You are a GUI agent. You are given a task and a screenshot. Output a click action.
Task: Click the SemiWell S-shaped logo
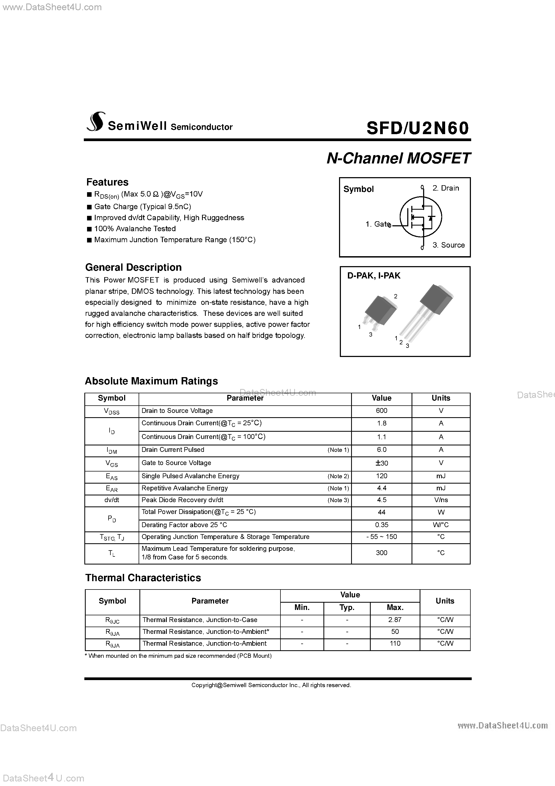click(95, 122)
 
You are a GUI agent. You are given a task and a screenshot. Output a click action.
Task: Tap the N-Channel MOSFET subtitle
click(399, 159)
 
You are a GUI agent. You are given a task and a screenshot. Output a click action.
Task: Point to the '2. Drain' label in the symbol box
click(445, 188)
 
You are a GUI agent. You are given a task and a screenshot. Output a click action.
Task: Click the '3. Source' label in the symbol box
click(448, 245)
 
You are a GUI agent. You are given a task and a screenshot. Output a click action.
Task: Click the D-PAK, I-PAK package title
click(374, 276)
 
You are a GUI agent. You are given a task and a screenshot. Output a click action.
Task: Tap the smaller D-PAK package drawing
click(378, 312)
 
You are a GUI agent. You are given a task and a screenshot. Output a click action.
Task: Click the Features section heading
click(107, 182)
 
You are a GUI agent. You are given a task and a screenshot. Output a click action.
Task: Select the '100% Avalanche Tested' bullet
click(135, 229)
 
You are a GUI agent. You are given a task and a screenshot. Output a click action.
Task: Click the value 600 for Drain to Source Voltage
click(381, 410)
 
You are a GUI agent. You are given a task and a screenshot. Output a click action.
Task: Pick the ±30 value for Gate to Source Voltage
click(381, 463)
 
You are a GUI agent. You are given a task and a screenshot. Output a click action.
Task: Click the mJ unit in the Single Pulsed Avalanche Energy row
click(441, 476)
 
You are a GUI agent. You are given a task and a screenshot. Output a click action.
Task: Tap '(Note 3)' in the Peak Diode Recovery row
click(338, 500)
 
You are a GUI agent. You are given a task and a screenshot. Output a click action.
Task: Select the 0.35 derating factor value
click(381, 525)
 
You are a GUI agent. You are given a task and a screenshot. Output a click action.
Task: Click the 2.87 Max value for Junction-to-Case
click(395, 620)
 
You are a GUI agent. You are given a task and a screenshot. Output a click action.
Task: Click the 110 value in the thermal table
click(395, 643)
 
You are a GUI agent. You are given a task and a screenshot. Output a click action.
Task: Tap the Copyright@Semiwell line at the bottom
click(271, 685)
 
